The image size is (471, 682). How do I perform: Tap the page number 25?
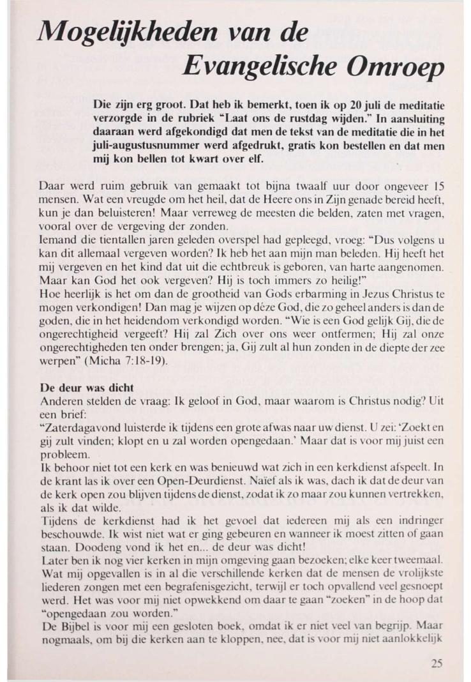[436, 663]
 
